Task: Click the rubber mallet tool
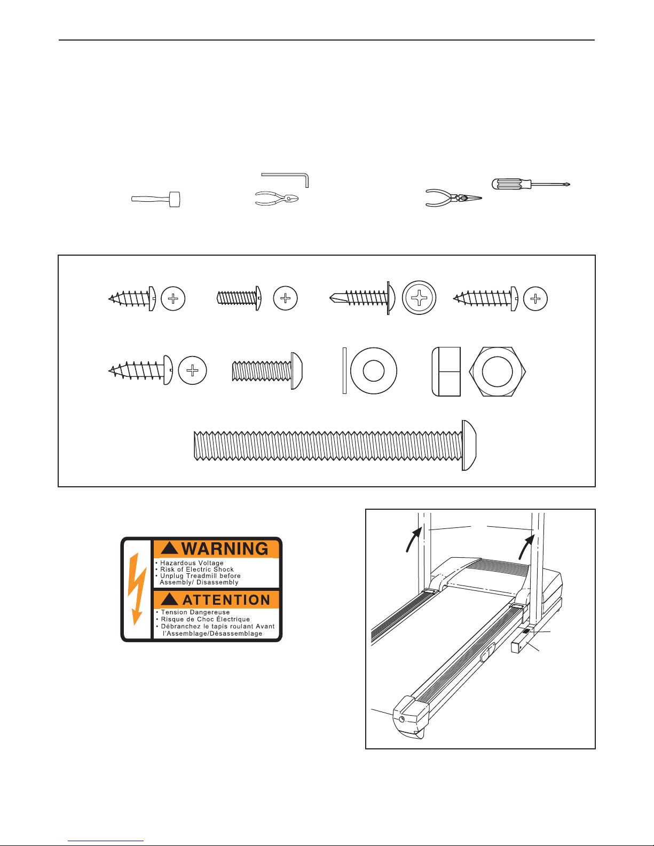point(156,199)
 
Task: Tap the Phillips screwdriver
point(531,184)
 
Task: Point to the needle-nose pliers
point(453,198)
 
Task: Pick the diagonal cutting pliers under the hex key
point(277,198)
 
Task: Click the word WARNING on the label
point(225,549)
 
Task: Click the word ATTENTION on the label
point(226,600)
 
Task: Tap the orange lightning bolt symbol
point(137,588)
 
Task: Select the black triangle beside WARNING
point(169,548)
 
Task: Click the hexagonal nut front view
point(497,371)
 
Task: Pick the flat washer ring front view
point(374,370)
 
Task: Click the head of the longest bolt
point(469,445)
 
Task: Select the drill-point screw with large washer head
point(362,298)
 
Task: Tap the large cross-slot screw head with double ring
point(419,298)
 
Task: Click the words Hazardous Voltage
point(192,563)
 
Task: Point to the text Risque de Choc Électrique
point(205,619)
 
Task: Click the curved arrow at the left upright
point(413,540)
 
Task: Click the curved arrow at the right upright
point(526,547)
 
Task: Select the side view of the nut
point(446,371)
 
